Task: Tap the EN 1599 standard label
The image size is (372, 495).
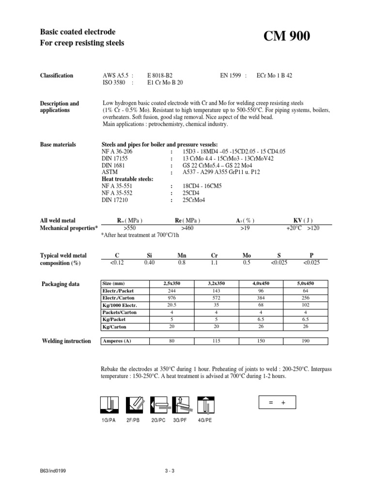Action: [233, 75]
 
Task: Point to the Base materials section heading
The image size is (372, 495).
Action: [58, 145]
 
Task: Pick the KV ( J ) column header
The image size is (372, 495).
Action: [304, 220]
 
